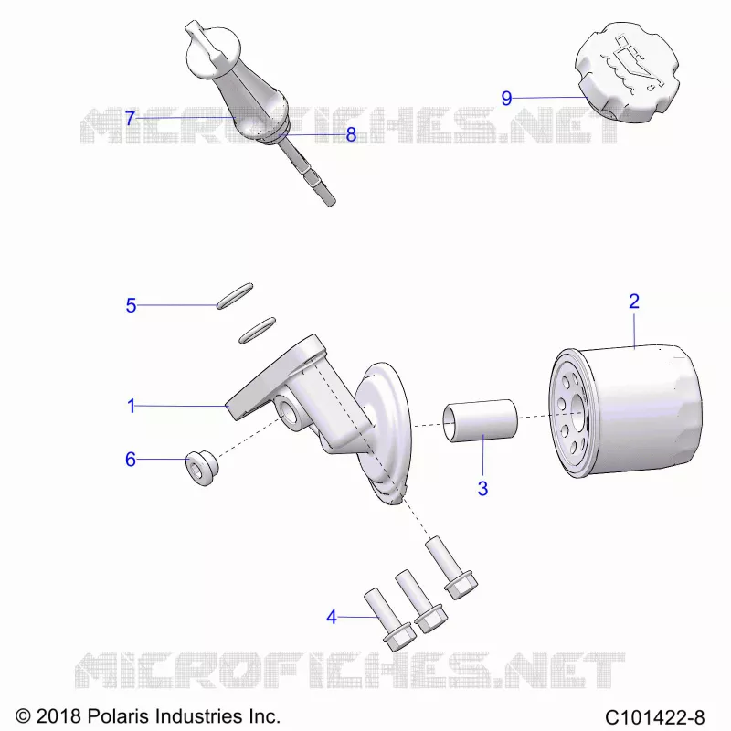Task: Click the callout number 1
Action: [x=132, y=406]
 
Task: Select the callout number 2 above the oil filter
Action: [x=634, y=302]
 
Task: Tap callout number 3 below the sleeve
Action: [x=483, y=488]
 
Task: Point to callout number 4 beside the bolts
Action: [x=332, y=617]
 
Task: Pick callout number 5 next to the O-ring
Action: [x=131, y=305]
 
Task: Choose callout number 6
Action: [x=131, y=460]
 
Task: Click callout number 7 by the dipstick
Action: [x=130, y=118]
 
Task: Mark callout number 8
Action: [x=351, y=134]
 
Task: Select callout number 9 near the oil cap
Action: [x=507, y=99]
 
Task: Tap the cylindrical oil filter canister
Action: [x=626, y=413]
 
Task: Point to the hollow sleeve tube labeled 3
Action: [x=481, y=420]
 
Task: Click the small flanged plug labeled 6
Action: [x=202, y=468]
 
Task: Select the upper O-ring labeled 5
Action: [x=235, y=295]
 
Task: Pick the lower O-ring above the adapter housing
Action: [x=258, y=331]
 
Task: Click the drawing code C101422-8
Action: [x=654, y=716]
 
